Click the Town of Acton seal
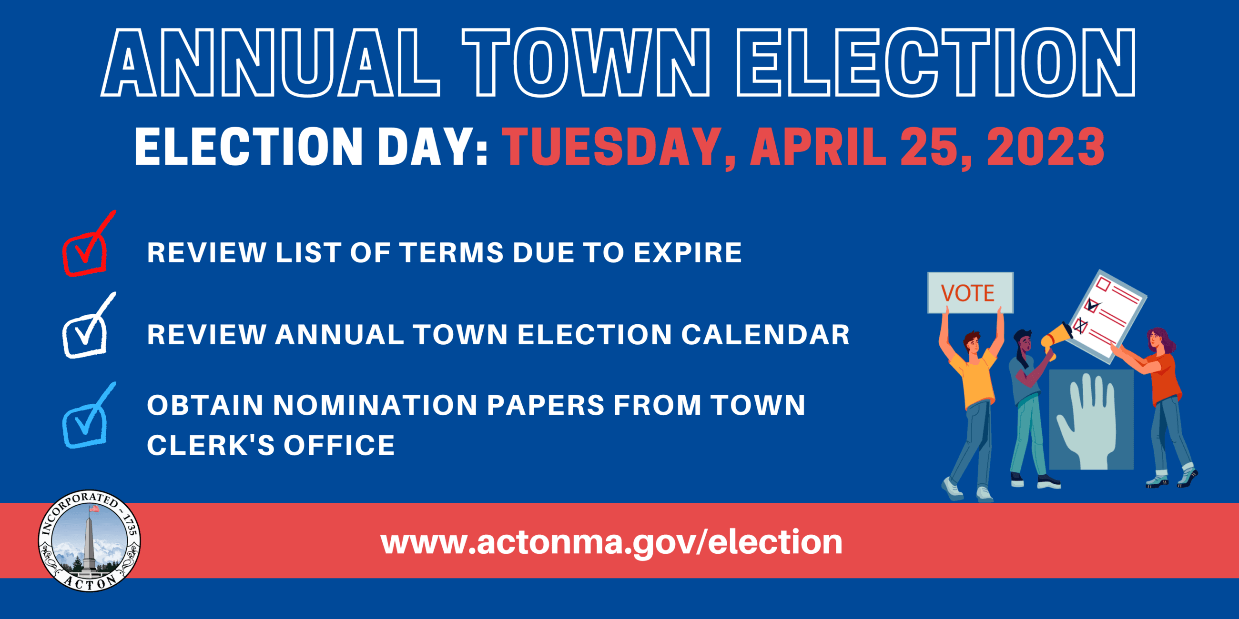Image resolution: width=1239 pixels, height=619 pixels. coord(90,540)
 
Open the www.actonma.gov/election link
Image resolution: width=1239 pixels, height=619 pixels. coord(611,542)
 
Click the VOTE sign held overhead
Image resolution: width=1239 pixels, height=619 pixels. coord(970,293)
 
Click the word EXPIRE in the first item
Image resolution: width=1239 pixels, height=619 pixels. coord(687,253)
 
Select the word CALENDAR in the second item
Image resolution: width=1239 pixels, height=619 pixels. coord(765,334)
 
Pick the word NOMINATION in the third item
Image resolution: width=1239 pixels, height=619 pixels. coord(375,405)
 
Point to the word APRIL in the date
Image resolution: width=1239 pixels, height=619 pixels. coord(818,147)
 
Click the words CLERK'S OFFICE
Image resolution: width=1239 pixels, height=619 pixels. coord(271,446)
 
